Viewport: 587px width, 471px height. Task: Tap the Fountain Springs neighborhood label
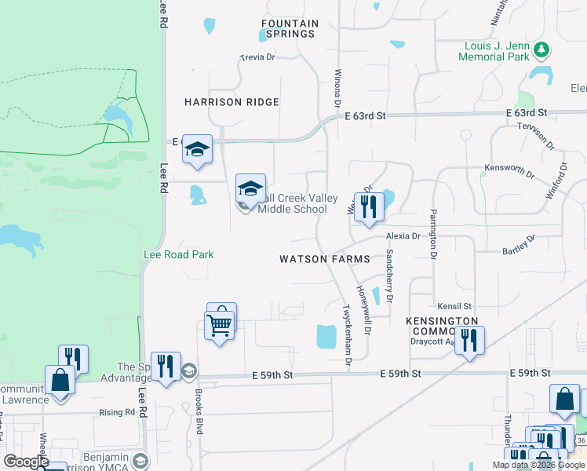[x=290, y=29]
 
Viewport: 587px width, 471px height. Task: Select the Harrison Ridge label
[x=232, y=102]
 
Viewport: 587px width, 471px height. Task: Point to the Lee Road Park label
[x=179, y=254]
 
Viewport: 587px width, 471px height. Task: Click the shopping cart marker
[x=220, y=323]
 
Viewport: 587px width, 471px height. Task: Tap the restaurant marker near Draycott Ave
[x=469, y=340]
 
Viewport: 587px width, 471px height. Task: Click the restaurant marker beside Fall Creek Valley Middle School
[x=369, y=206]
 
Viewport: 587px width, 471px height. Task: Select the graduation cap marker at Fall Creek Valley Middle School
[x=250, y=189]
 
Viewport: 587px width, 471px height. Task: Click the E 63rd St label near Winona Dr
[x=366, y=115]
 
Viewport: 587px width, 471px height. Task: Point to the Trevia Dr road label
[x=257, y=57]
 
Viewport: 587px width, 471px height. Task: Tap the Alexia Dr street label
[x=403, y=235]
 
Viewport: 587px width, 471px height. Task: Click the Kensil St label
[x=455, y=305]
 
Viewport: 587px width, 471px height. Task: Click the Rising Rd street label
[x=117, y=412]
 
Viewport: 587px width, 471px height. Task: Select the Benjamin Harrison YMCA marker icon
[x=140, y=459]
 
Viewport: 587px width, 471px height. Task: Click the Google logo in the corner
[x=26, y=462]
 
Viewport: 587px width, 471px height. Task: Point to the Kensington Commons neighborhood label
[x=442, y=327]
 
